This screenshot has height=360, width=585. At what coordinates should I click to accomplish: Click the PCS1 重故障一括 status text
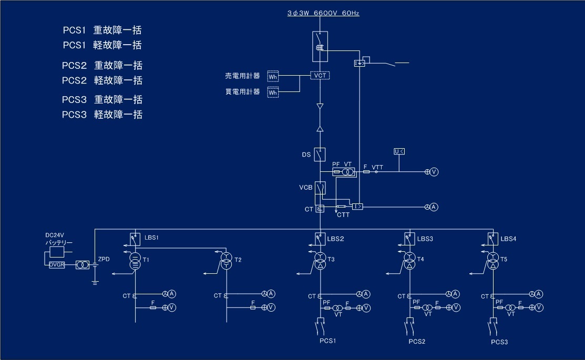pos(102,30)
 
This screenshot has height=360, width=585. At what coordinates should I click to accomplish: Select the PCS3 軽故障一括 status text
pos(102,115)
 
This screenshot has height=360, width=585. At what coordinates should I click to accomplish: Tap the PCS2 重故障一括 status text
pos(102,66)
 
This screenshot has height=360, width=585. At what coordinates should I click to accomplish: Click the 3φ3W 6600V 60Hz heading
pos(323,13)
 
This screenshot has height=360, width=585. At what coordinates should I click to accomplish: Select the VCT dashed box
pos(320,76)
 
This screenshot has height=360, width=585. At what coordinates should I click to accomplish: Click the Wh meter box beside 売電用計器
pos(273,77)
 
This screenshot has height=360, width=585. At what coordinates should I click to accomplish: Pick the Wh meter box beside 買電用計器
pos(273,92)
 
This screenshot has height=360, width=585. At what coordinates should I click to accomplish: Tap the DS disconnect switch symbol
pos(320,155)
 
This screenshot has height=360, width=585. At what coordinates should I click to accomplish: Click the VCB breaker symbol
pos(320,188)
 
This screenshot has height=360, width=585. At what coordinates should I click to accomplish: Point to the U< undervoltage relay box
pos(399,152)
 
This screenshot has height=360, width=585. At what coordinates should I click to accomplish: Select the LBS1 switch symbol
pos(135,238)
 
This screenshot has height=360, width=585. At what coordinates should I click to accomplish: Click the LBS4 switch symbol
pos(492,238)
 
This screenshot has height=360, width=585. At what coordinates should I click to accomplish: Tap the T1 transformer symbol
pos(135,262)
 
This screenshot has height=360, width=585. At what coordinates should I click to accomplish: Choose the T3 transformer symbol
pos(320,262)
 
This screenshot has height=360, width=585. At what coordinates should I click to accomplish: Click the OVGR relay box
pos(57,265)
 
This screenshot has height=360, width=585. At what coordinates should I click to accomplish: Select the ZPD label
pos(104,259)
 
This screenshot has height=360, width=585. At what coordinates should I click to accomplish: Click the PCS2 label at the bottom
pos(416,342)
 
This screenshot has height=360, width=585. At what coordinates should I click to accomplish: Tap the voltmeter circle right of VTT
pos(434,172)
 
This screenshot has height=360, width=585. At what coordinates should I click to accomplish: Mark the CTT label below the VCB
pos(343,214)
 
